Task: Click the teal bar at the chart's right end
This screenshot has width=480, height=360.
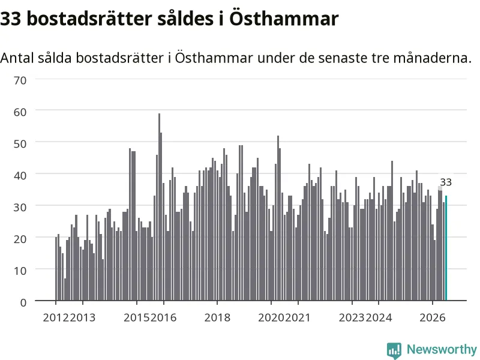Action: (446, 248)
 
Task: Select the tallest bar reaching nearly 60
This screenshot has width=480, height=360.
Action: (159, 207)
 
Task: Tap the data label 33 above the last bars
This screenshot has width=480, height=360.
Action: (446, 182)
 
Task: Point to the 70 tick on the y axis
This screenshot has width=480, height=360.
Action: (20, 80)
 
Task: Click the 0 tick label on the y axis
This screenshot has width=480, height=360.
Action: (23, 302)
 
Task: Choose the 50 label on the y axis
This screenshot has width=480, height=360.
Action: (20, 144)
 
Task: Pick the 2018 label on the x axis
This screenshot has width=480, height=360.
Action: (217, 317)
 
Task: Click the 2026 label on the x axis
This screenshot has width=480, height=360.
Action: (433, 317)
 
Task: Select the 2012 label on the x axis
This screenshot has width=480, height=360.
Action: (56, 317)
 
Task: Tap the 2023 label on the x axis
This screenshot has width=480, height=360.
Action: (352, 317)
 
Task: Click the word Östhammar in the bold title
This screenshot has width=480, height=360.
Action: (284, 19)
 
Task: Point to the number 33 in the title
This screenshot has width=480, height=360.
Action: (10, 19)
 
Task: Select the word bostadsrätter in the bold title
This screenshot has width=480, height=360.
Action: (89, 19)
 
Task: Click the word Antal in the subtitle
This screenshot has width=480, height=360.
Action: (17, 58)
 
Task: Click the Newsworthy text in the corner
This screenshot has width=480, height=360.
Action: (442, 349)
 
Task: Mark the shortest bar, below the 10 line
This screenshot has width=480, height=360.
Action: (65, 290)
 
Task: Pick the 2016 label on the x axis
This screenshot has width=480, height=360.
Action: (163, 317)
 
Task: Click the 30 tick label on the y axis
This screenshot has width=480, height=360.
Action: (20, 207)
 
